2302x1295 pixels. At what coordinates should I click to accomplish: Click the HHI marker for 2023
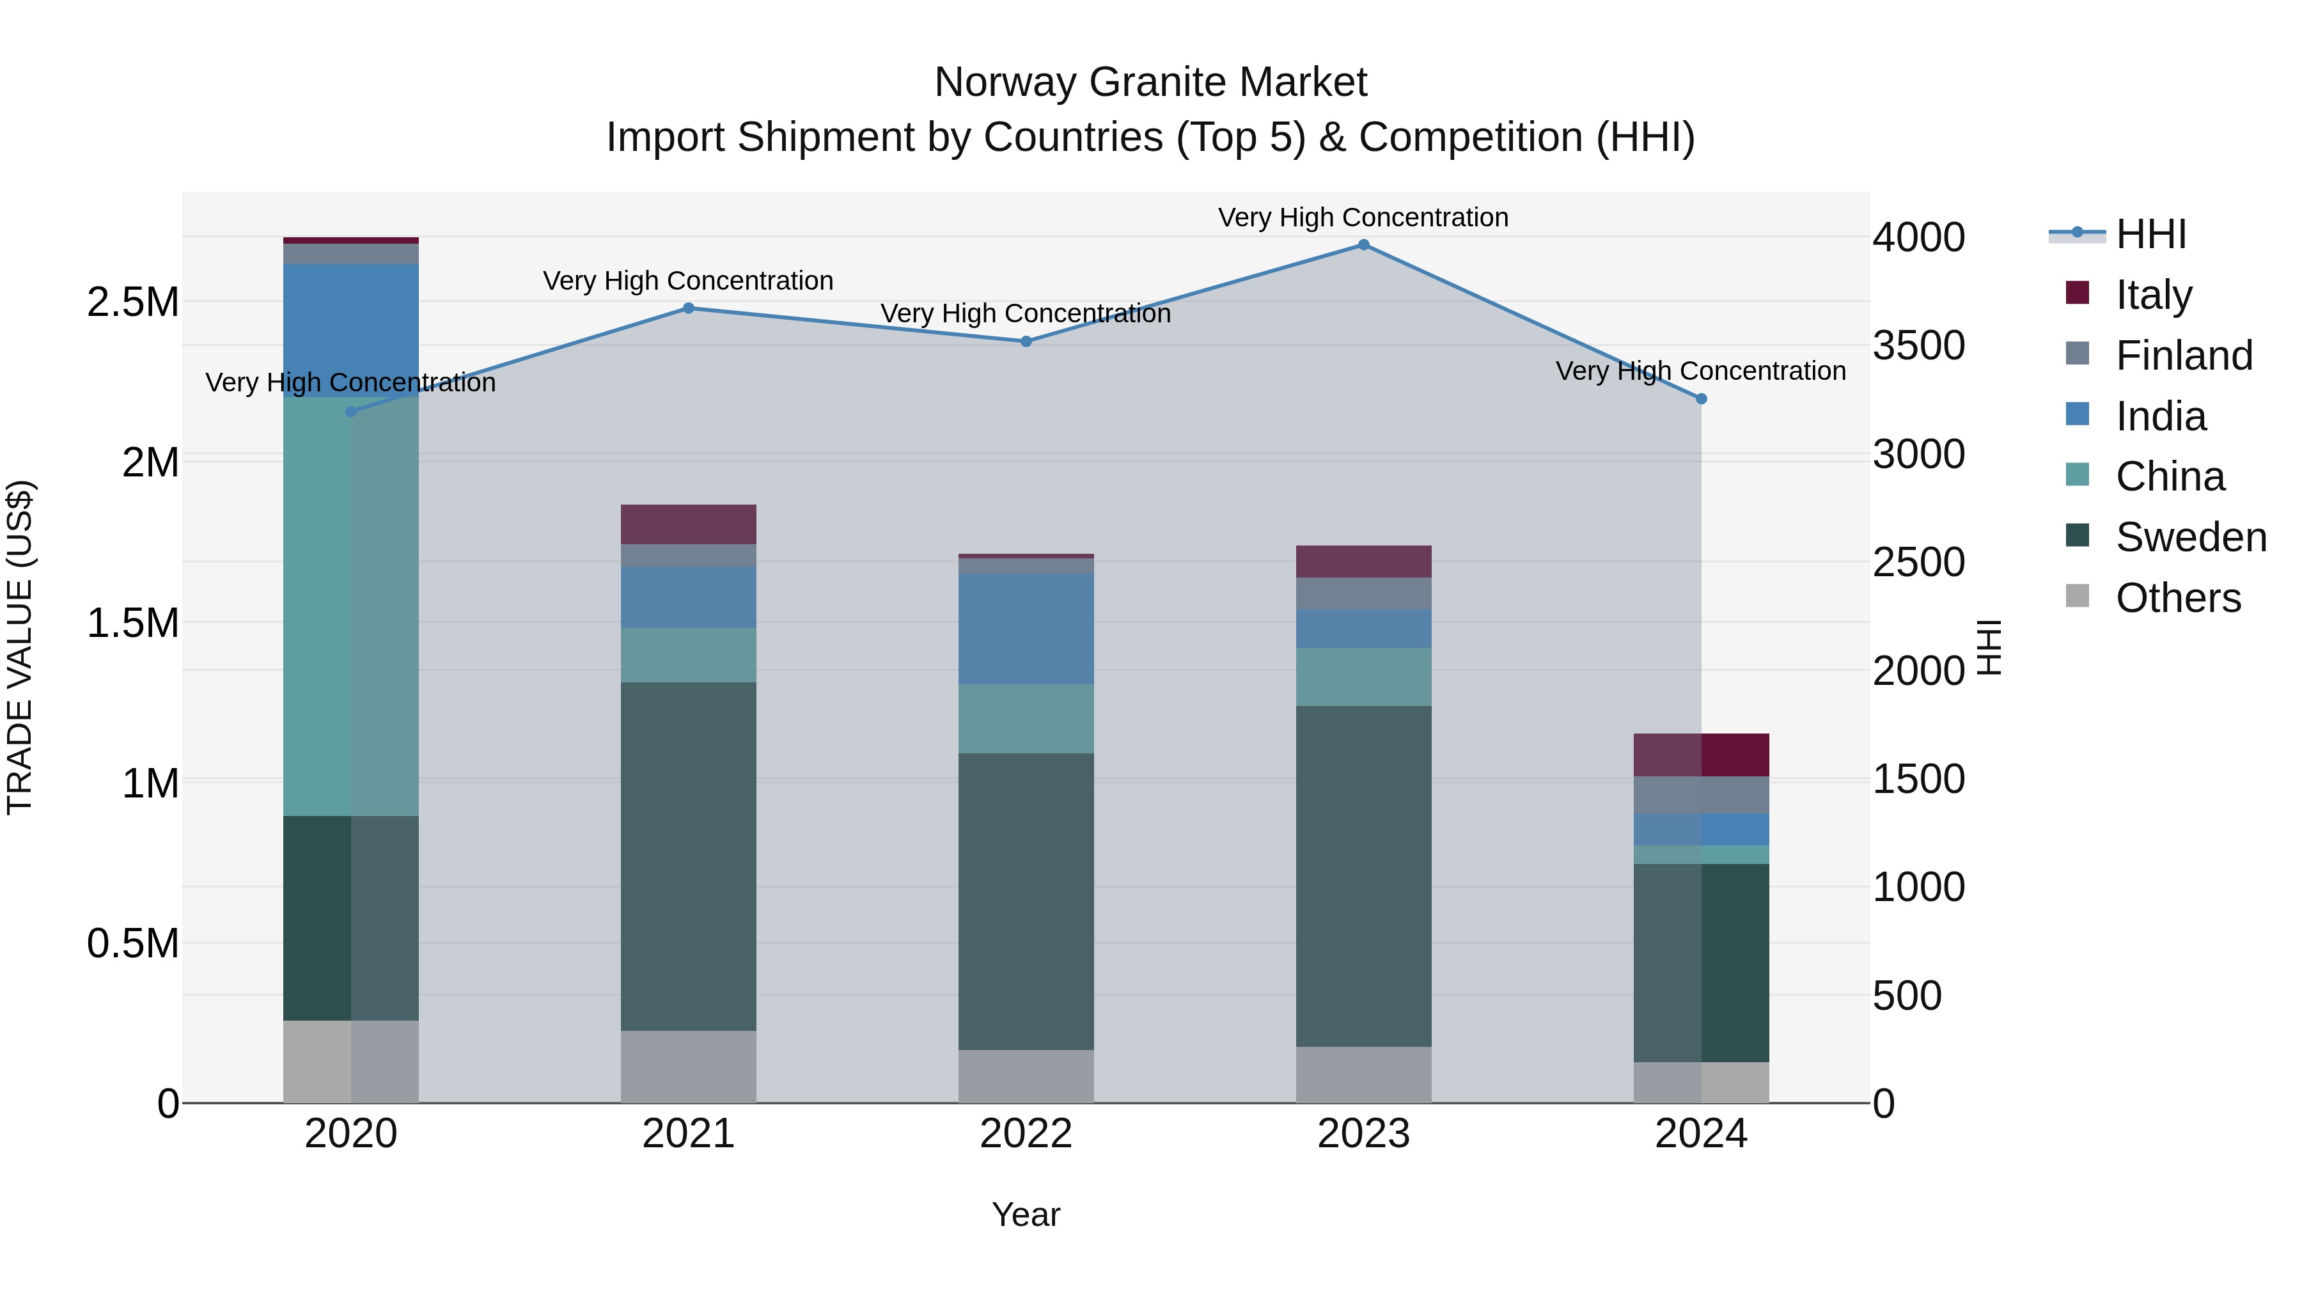[1364, 245]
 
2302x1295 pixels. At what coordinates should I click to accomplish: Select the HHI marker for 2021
[688, 308]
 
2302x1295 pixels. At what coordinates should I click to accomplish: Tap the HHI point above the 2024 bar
[1702, 400]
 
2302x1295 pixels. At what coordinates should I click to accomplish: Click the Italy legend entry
[2153, 294]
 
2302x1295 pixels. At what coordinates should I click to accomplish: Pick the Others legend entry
[2178, 598]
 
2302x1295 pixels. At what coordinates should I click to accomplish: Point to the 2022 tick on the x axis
[1026, 1134]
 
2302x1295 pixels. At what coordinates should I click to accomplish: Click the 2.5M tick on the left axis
[133, 302]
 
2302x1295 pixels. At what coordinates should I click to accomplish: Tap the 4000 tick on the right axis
[1918, 238]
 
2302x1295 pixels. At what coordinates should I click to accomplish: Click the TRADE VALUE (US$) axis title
[20, 647]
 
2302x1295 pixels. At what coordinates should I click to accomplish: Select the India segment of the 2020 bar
[350, 329]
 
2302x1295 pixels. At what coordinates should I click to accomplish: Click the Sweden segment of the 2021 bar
[688, 856]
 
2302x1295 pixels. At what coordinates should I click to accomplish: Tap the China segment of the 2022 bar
[1026, 719]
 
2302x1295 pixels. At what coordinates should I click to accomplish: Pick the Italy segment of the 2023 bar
[1364, 561]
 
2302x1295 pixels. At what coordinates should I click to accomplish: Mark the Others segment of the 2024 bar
[1702, 1082]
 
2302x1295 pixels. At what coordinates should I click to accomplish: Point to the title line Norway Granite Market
[1150, 82]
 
